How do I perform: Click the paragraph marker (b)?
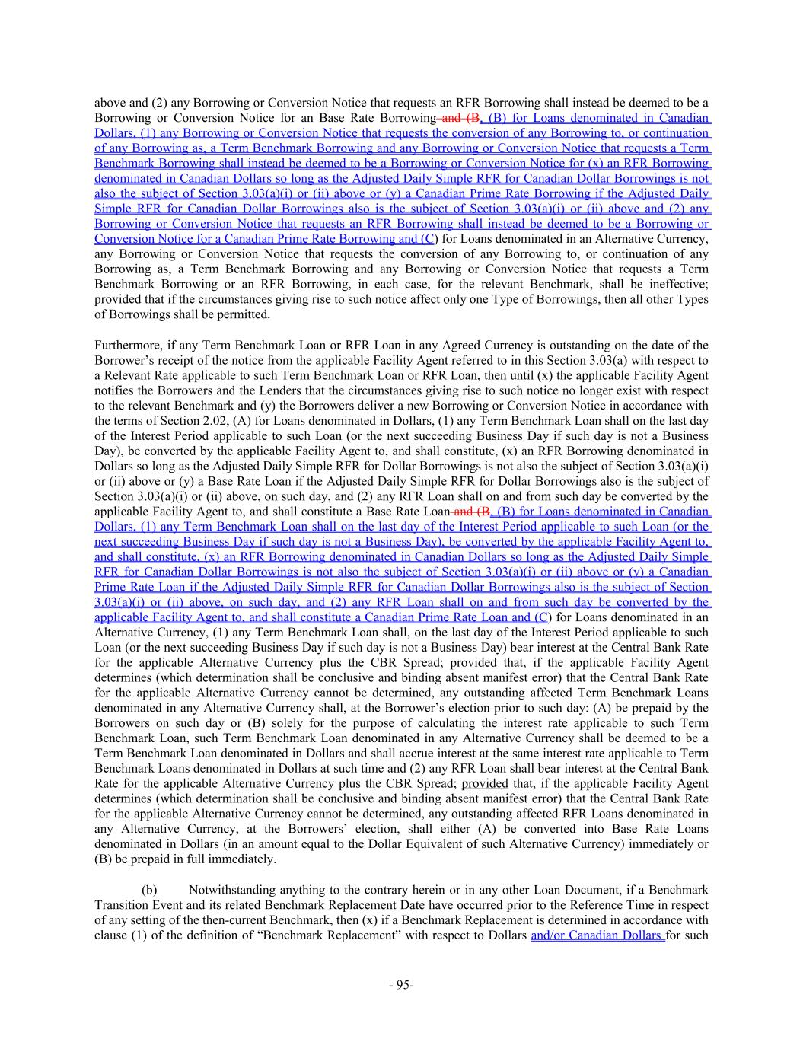point(151,889)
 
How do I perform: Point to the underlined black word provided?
point(485,783)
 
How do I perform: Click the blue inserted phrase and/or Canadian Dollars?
point(597,935)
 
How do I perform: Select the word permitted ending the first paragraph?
point(244,314)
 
